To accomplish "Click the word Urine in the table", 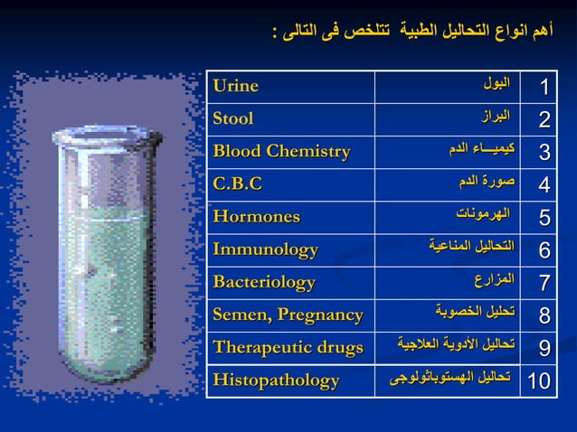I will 235,86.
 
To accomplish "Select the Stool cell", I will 233,118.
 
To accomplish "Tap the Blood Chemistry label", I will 281,151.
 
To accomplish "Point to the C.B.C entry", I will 237,183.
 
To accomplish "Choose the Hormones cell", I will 256,216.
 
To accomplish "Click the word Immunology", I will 265,249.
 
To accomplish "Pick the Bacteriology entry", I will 264,281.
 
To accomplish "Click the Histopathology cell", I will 276,380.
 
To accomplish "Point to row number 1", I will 544,87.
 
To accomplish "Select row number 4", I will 544,184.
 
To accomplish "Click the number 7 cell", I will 544,282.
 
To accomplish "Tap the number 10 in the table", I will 539,380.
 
